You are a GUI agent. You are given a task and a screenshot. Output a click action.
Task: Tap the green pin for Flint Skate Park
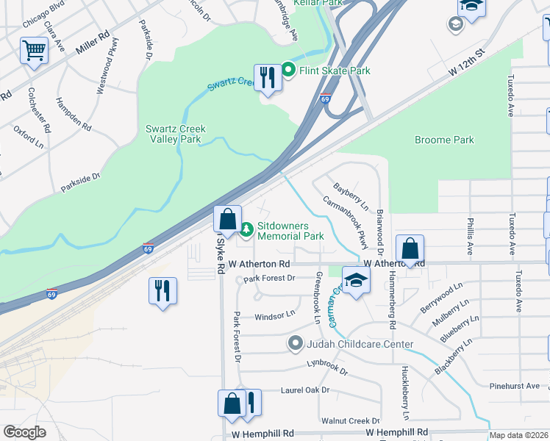pos(288,71)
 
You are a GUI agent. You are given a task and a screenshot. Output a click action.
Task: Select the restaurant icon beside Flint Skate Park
pos(267,77)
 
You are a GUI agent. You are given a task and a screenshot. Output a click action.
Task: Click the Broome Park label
pos(444,140)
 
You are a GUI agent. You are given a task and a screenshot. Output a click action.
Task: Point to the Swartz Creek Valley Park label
pos(175,134)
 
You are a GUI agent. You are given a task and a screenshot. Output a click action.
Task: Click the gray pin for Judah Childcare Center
pos(296,344)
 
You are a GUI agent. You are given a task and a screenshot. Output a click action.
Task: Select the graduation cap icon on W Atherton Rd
pos(356,281)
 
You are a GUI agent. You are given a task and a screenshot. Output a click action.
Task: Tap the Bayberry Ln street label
pos(350,195)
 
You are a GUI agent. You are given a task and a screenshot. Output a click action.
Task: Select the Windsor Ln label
pos(274,316)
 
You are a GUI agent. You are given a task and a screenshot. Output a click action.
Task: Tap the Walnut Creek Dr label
pos(349,420)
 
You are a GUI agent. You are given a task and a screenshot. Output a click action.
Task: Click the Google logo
pos(24,432)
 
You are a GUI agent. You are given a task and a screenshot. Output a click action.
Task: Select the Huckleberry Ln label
pos(404,388)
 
